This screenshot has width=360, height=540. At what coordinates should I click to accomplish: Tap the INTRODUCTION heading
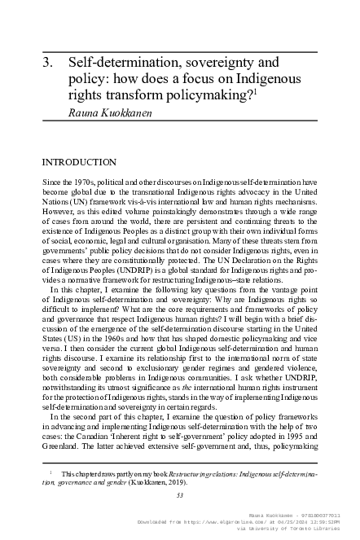pos(78,162)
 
